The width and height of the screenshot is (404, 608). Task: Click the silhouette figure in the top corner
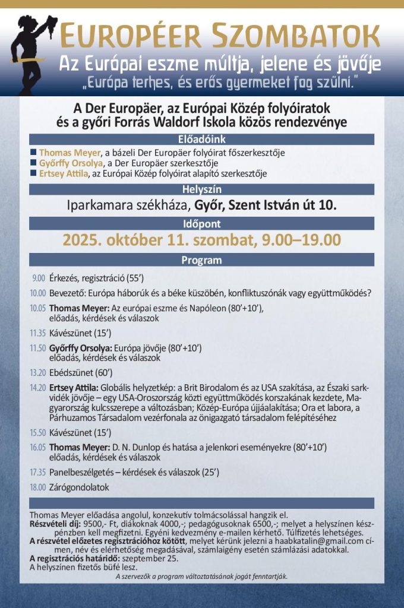click(x=27, y=50)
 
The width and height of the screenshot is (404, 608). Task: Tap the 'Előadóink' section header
click(x=202, y=140)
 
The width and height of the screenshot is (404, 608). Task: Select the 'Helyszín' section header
click(x=202, y=189)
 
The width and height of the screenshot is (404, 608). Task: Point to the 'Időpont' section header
click(x=202, y=224)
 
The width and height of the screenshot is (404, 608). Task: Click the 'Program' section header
click(x=202, y=259)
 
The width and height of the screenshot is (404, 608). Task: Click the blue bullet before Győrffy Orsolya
click(x=33, y=163)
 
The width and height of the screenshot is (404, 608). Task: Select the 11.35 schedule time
click(x=37, y=332)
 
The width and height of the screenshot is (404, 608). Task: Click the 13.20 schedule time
click(x=37, y=372)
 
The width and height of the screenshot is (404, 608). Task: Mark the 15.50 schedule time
click(x=37, y=432)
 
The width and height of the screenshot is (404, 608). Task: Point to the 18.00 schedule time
click(x=37, y=487)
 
